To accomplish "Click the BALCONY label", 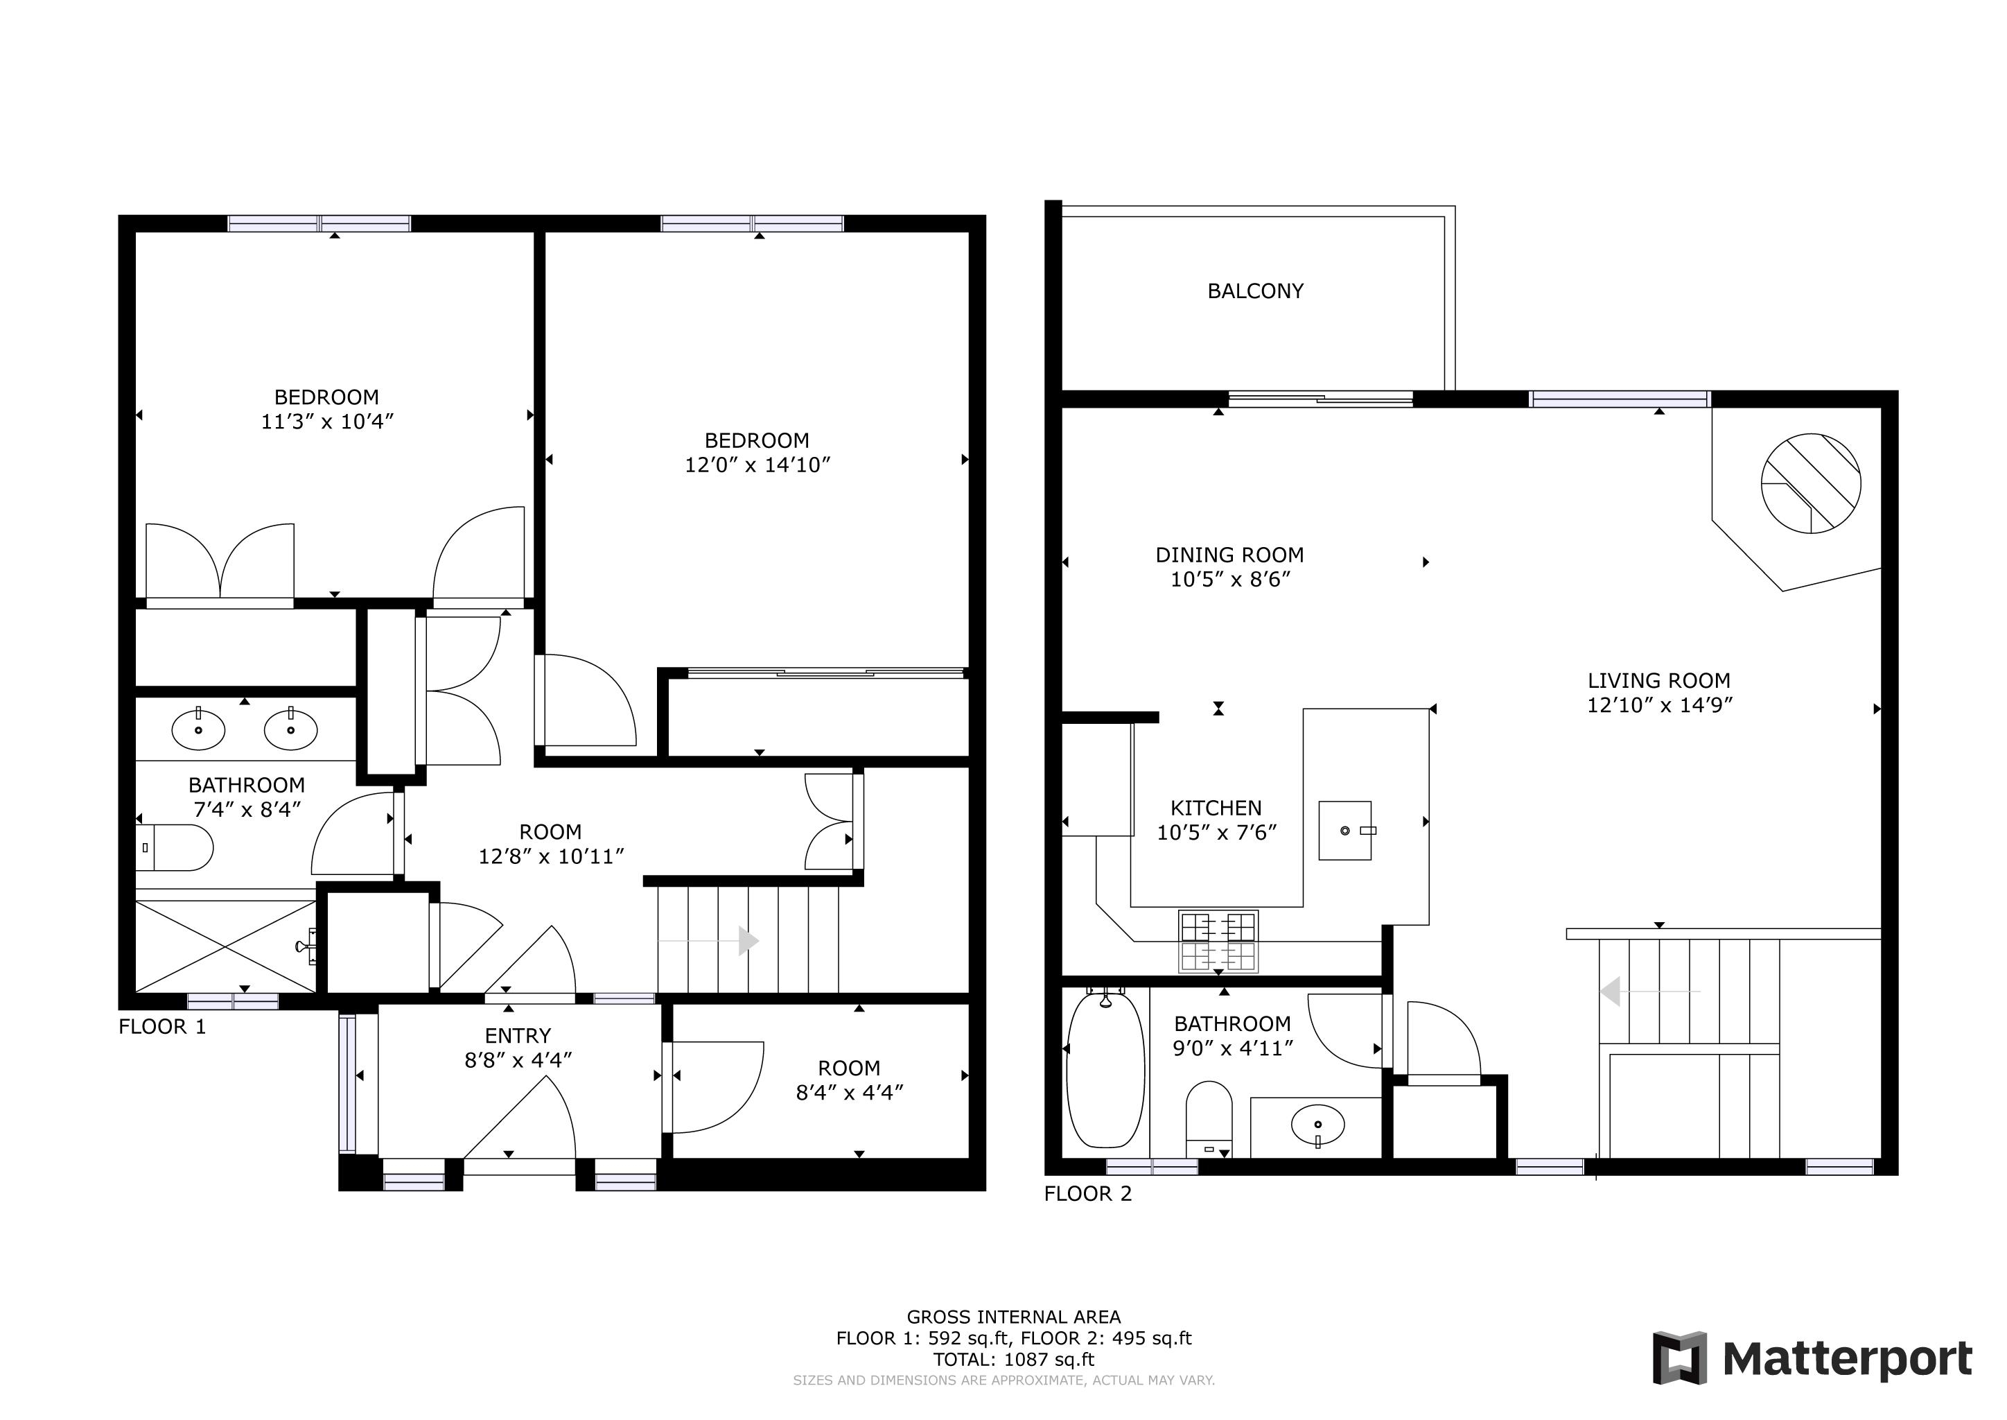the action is coord(1255,291).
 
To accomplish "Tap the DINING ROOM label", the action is coord(1230,555).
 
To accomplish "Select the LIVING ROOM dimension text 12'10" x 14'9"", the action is coord(1659,704).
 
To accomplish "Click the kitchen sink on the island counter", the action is coord(1345,830).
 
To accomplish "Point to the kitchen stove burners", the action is coord(1218,942).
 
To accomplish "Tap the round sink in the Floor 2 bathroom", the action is coord(1317,1125).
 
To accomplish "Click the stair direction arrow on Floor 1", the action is coord(708,941).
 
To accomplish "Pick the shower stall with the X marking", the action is coord(225,946).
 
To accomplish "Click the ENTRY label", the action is coord(518,1036).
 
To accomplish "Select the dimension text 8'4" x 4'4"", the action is coord(849,1092).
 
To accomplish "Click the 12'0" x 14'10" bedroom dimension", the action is coord(757,465).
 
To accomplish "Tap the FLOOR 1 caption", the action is coord(163,1027).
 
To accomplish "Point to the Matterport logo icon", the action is coord(1679,1358).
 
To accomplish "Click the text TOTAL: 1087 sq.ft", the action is coord(1014,1360).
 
